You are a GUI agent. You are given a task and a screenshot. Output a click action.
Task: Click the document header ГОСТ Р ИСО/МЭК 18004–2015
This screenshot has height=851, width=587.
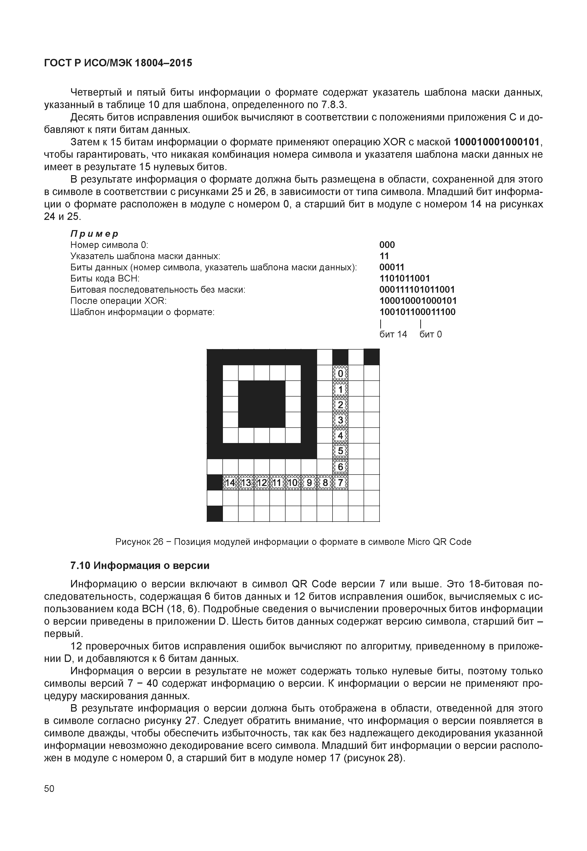pyautogui.click(x=118, y=63)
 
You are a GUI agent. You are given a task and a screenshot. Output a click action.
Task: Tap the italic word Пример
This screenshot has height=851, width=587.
pyautogui.click(x=94, y=234)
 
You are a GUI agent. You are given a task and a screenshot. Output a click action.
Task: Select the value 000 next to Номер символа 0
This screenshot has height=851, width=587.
pyautogui.click(x=387, y=245)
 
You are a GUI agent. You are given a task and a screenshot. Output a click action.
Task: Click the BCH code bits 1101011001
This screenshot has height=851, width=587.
pyautogui.click(x=404, y=278)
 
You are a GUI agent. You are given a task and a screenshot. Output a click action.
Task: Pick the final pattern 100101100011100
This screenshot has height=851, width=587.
pyautogui.click(x=418, y=312)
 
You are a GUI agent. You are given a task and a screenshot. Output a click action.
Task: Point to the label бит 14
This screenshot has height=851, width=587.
pyautogui.click(x=393, y=334)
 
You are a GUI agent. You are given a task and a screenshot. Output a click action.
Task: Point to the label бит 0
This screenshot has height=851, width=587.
pyautogui.click(x=431, y=334)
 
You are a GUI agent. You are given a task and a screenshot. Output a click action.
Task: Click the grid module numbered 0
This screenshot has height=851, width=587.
pyautogui.click(x=340, y=373)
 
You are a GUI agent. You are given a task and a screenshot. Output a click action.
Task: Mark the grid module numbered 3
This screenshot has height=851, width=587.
pyautogui.click(x=340, y=420)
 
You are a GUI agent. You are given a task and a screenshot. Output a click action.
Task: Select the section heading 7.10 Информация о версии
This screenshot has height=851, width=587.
pyautogui.click(x=140, y=566)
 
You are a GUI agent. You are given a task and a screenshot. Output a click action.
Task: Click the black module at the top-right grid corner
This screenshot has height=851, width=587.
pyautogui.click(x=372, y=357)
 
